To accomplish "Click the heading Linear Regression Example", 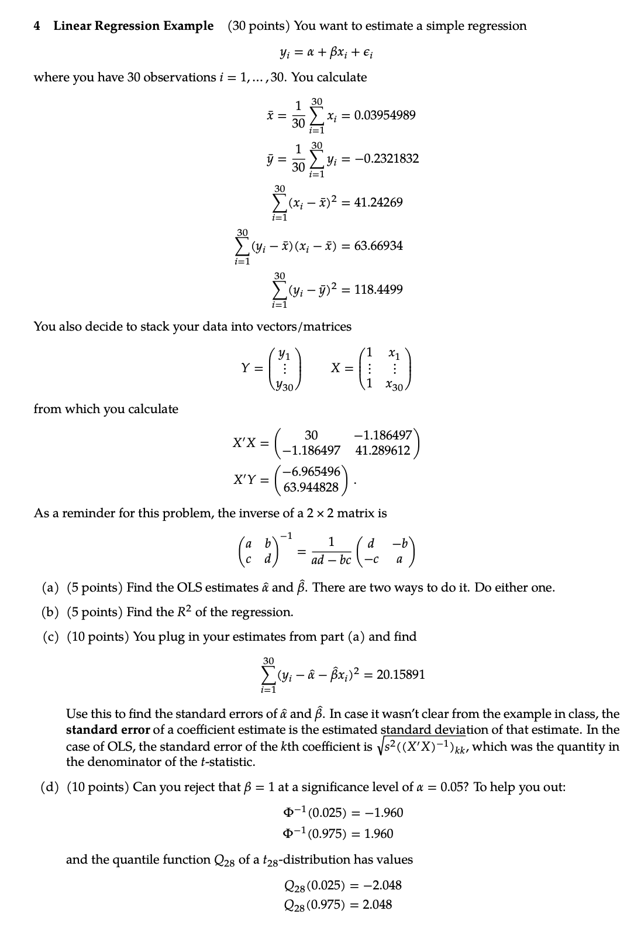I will pos(133,26).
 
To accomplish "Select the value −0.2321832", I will pos(385,159).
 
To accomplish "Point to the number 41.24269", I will pos(378,202).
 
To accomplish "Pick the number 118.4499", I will pos(378,290).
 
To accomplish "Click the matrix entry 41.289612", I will pos(383,451).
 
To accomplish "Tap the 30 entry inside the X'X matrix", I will pos(311,435).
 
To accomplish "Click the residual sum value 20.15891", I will pos(401,675).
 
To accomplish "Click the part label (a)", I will pos(50,587).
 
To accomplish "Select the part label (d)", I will pos(50,787).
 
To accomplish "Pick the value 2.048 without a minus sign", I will pos(377,905).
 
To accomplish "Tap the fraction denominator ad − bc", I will pos(332,559).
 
